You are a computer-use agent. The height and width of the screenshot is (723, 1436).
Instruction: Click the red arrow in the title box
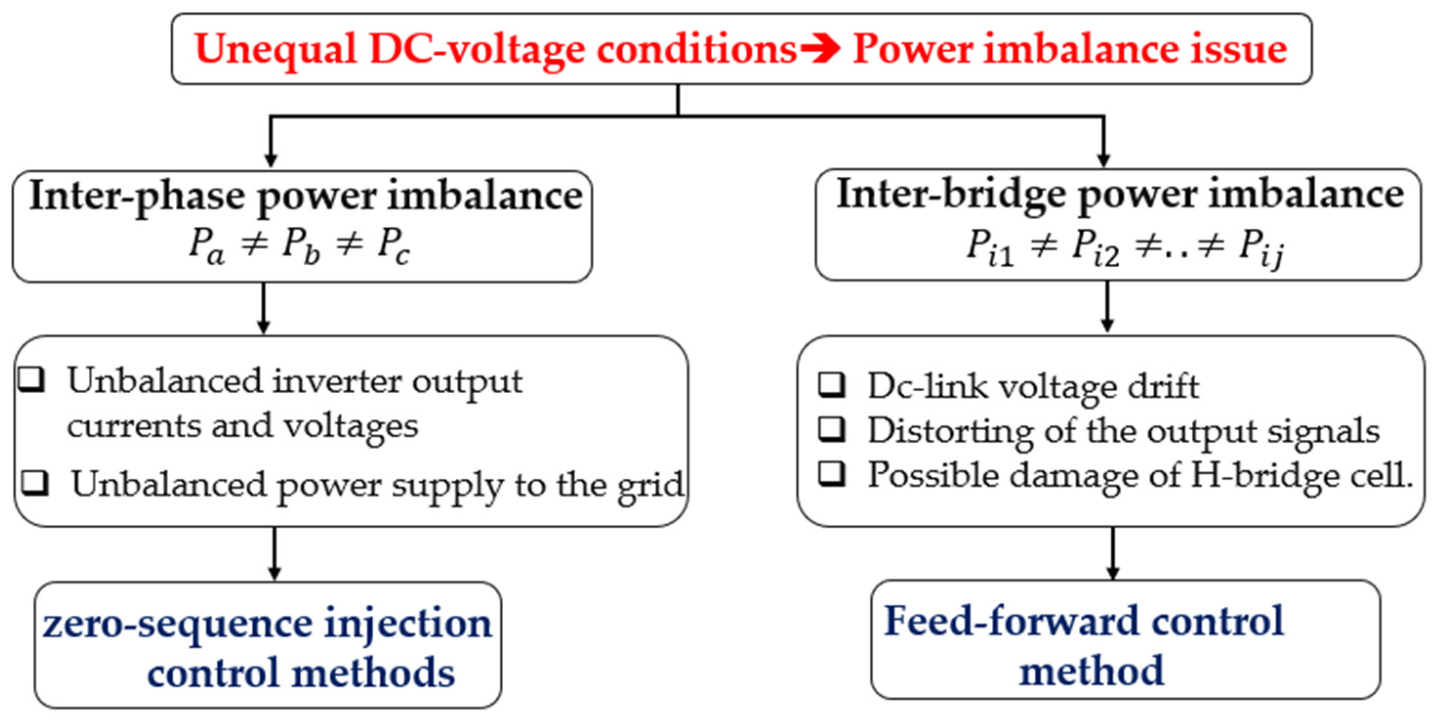pos(820,49)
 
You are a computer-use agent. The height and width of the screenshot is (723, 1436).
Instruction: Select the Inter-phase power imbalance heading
pos(306,196)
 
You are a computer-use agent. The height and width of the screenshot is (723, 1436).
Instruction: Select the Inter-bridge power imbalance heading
pos(1121,195)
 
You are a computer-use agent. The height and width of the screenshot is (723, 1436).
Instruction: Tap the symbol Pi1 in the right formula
pos(989,247)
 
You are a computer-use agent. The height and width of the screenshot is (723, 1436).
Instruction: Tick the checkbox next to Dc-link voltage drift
pos(832,384)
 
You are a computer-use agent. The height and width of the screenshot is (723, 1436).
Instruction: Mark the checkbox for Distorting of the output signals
pos(832,429)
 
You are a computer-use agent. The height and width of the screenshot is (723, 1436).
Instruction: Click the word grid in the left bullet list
pos(651,486)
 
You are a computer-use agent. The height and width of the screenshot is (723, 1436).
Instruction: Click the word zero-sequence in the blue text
pos(177,624)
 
